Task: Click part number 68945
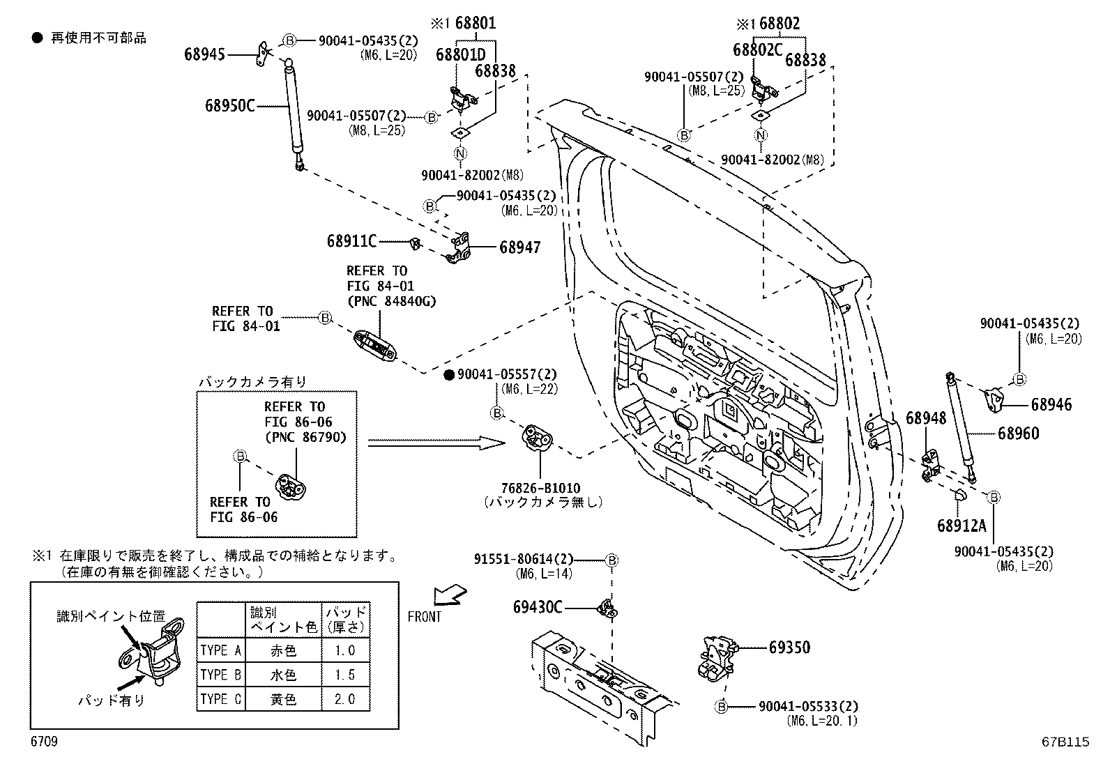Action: (204, 54)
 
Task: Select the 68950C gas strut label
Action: (229, 106)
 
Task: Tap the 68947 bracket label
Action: (519, 247)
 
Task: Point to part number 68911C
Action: (351, 242)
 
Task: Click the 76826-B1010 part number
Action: (540, 489)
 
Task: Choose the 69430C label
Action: (538, 608)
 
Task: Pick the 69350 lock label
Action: (789, 648)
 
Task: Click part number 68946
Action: (1051, 405)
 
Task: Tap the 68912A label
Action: (962, 525)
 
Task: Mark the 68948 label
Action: (926, 418)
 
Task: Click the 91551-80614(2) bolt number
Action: (524, 560)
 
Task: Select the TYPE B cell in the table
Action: (221, 675)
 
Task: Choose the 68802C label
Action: (758, 49)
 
